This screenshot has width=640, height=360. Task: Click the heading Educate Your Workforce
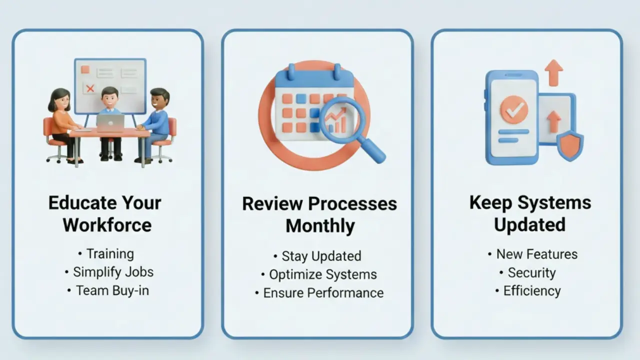[x=105, y=213]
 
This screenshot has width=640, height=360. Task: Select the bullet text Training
[x=110, y=254]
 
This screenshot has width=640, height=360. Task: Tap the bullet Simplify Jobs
[x=113, y=272]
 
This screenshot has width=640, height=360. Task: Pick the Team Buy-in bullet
[x=112, y=290]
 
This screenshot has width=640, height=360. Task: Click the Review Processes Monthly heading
[x=319, y=214]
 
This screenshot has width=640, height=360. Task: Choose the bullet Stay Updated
[x=321, y=256]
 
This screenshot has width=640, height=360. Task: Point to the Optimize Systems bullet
[x=322, y=274]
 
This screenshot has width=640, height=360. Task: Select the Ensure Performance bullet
[x=323, y=293]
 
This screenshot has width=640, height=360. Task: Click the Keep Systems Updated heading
[x=530, y=213]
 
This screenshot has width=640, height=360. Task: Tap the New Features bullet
[x=536, y=254]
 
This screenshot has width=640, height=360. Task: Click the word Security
[x=531, y=273]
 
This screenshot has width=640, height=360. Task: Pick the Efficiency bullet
[x=531, y=291]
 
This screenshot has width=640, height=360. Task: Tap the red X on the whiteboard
[x=90, y=88]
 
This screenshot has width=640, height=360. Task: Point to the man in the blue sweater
[x=157, y=122]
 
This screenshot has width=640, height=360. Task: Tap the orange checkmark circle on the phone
[x=513, y=109]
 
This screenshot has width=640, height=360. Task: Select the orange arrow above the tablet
[x=553, y=72]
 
